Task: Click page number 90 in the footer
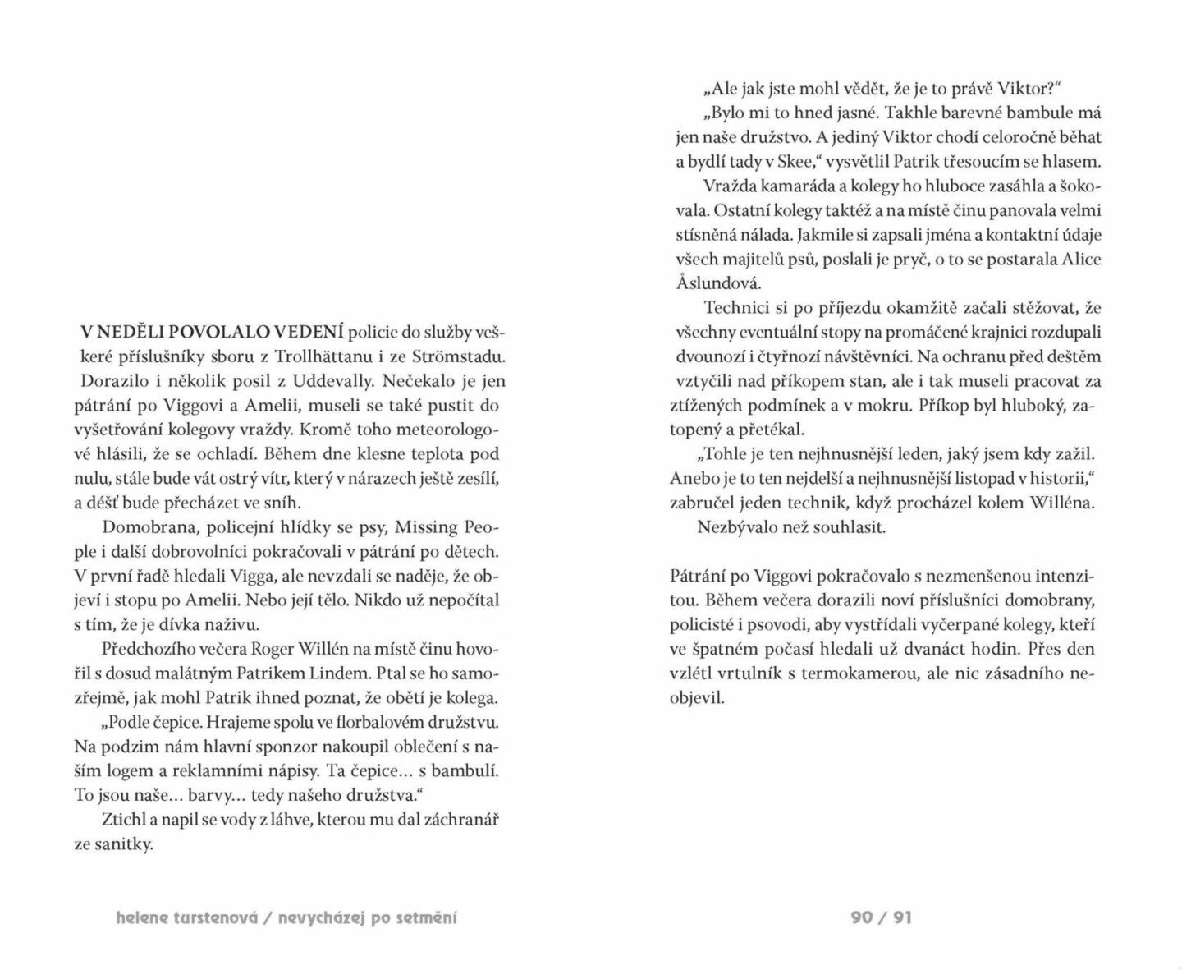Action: point(862,917)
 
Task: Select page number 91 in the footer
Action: point(902,917)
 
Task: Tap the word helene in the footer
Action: point(144,917)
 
